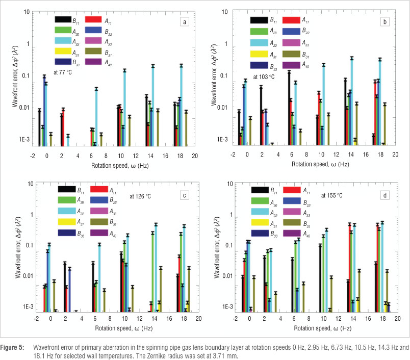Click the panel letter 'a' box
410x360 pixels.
pyautogui.click(x=185, y=21)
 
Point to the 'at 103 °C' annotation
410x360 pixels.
pyautogui.click(x=264, y=77)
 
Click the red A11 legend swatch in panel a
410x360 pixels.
pyautogui.click(x=95, y=20)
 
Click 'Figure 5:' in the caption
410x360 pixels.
pyautogui.click(x=13, y=347)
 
